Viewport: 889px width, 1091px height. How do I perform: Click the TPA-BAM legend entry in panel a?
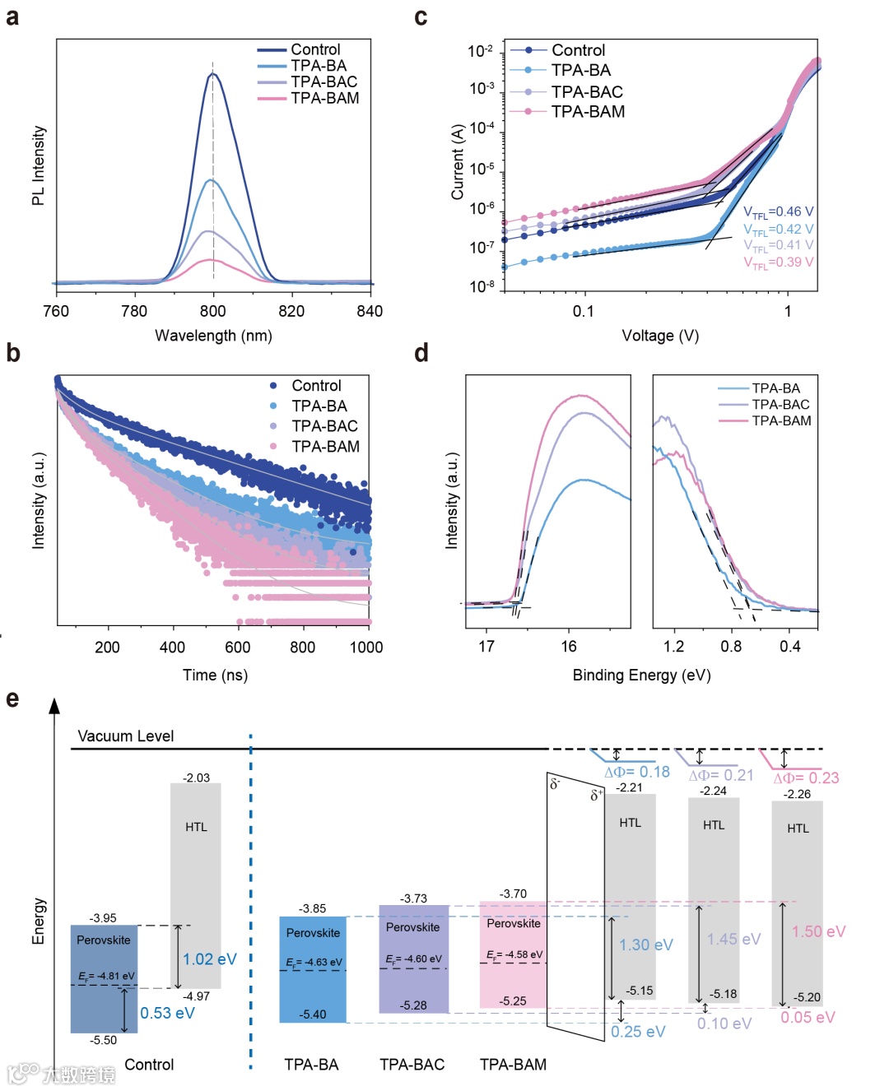pyautogui.click(x=324, y=98)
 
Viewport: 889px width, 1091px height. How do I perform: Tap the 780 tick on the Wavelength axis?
pyautogui.click(x=134, y=311)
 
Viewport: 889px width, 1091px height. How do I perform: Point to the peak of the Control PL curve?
pyautogui.click(x=213, y=75)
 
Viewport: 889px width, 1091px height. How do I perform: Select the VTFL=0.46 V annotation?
pyautogui.click(x=778, y=212)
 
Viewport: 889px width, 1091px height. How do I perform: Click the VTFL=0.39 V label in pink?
pyautogui.click(x=778, y=262)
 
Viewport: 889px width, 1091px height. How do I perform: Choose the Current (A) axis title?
pyautogui.click(x=458, y=162)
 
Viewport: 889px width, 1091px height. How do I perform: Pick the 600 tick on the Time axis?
pyautogui.click(x=237, y=648)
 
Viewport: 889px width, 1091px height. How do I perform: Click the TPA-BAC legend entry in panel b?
pyautogui.click(x=324, y=426)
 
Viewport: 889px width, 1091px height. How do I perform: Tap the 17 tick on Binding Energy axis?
pyautogui.click(x=486, y=647)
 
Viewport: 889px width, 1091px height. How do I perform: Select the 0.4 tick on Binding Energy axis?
pyautogui.click(x=789, y=647)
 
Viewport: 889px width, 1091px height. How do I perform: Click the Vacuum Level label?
pyautogui.click(x=126, y=736)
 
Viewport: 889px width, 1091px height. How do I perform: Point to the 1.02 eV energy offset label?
pyautogui.click(x=209, y=959)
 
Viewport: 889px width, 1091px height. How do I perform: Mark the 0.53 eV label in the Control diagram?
pyautogui.click(x=167, y=1013)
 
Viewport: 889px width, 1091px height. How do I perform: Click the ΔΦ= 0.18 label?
pyautogui.click(x=637, y=772)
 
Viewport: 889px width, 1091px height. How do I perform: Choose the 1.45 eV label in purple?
pyautogui.click(x=733, y=939)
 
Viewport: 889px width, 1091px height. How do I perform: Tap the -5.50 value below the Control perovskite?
pyautogui.click(x=104, y=1040)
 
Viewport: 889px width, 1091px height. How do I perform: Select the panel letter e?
pyautogui.click(x=12, y=699)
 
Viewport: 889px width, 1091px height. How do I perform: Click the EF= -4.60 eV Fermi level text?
pyautogui.click(x=413, y=959)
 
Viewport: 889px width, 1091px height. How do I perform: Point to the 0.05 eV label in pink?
pyautogui.click(x=808, y=1018)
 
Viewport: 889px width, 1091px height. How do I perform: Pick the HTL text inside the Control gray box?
pyautogui.click(x=196, y=827)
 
